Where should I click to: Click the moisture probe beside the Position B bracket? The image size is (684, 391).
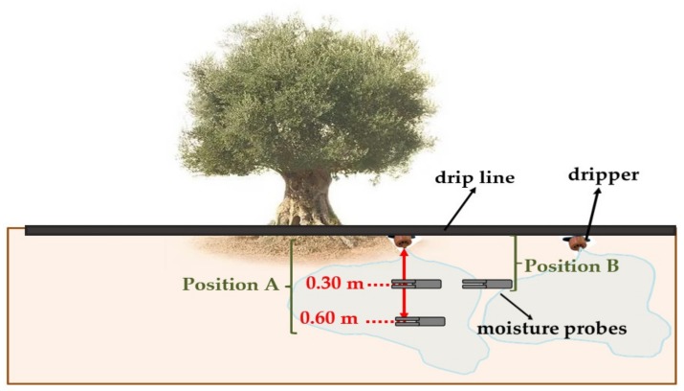(x=487, y=284)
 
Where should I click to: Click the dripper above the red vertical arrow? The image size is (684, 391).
(x=404, y=241)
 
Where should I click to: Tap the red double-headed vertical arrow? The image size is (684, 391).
(x=404, y=283)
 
